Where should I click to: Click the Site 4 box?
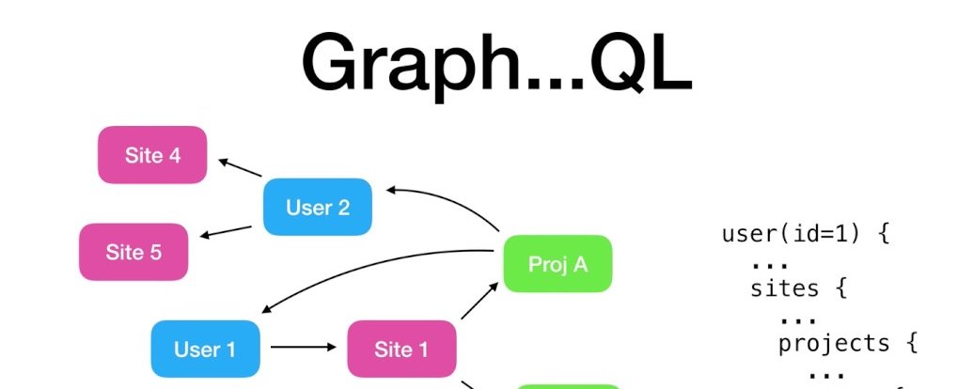(x=152, y=154)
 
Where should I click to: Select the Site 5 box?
(x=133, y=252)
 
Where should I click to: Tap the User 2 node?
(x=318, y=208)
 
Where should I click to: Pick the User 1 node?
(x=205, y=349)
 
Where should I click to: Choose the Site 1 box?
(x=401, y=349)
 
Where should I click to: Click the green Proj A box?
(x=557, y=264)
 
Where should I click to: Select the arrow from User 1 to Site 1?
(x=304, y=348)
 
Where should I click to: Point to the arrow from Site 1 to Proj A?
(x=479, y=301)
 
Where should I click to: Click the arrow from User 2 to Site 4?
(x=240, y=167)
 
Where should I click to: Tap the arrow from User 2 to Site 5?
(x=226, y=232)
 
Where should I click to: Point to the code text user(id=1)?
(x=792, y=235)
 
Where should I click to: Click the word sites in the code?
(x=784, y=288)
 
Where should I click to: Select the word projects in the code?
(x=834, y=344)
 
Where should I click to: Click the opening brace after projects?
(x=911, y=343)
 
